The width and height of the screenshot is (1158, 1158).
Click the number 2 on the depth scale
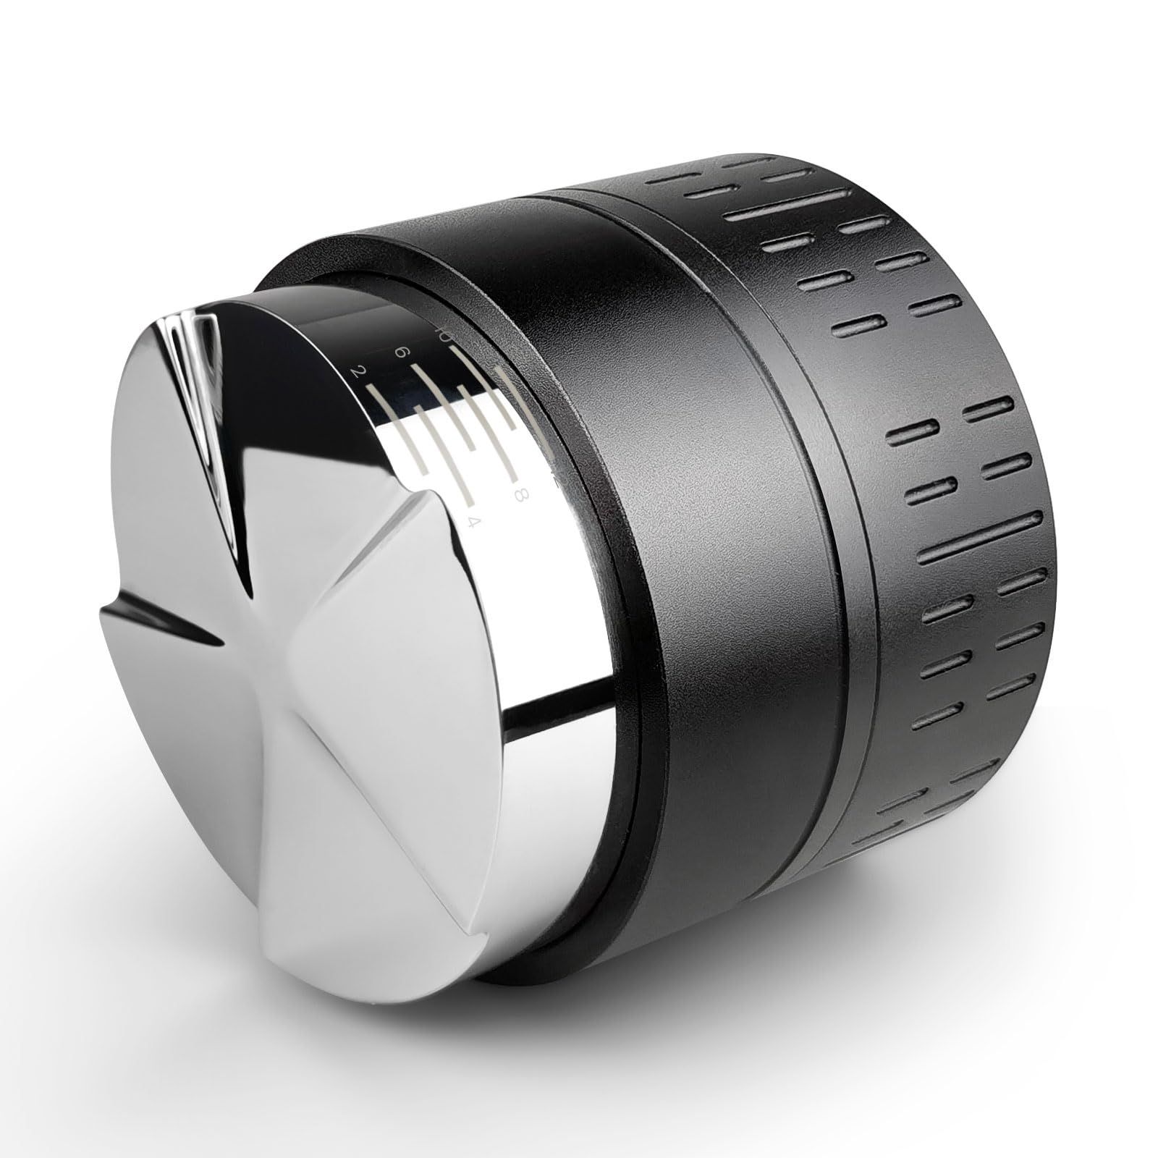coord(355,372)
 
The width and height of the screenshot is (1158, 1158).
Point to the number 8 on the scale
coord(518,495)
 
